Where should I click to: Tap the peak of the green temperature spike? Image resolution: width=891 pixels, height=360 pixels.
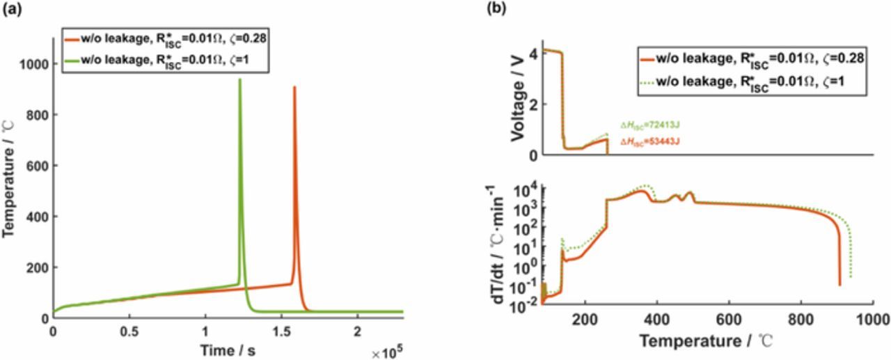[240, 80]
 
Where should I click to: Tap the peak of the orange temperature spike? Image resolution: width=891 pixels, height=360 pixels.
[294, 88]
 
